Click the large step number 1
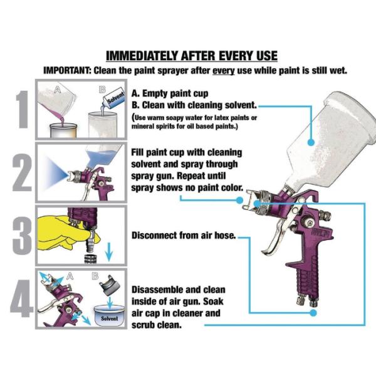[23, 109]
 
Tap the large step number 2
[22, 173]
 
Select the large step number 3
[22, 236]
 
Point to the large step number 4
[21, 298]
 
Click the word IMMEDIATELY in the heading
[142, 56]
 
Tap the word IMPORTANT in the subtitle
[66, 70]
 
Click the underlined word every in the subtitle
[224, 71]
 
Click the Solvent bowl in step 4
[109, 315]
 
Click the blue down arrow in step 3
[109, 251]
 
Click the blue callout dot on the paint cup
[311, 142]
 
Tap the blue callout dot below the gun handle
[313, 313]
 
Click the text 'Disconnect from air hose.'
[184, 236]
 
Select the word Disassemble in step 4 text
[157, 290]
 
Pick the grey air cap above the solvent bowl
[110, 285]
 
